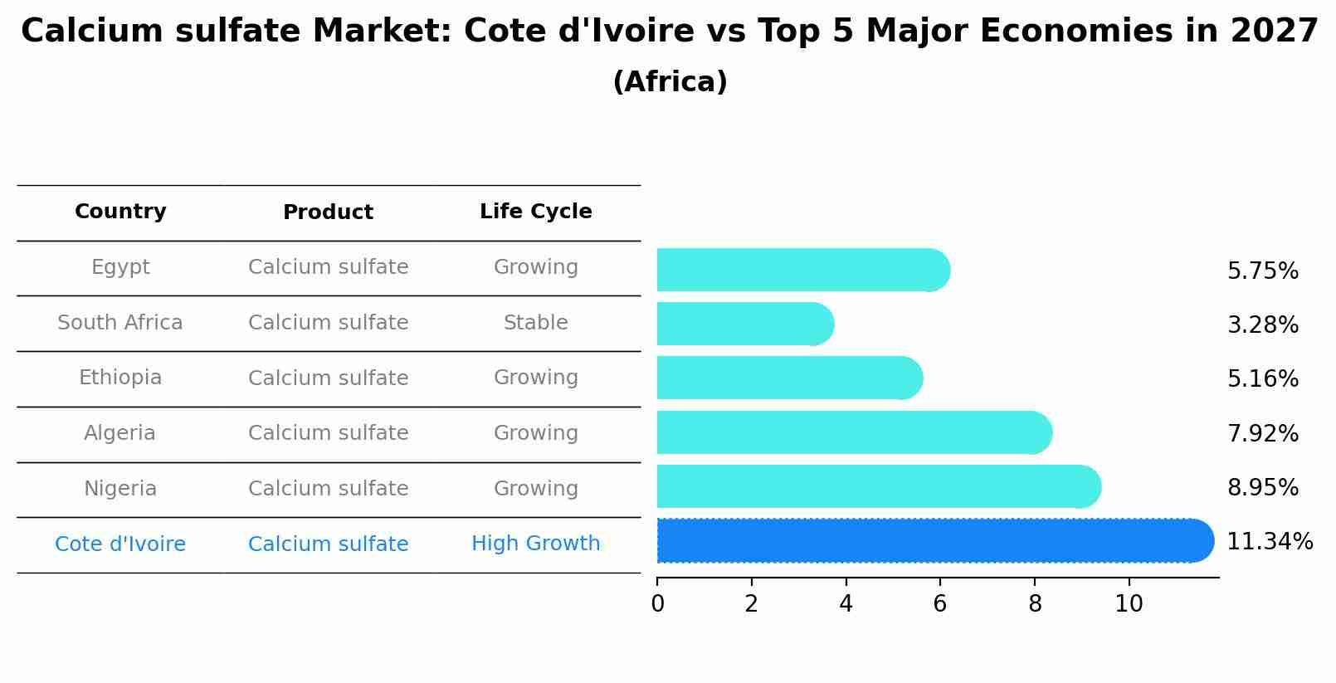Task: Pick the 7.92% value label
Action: click(x=1262, y=433)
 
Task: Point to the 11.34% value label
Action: click(x=1269, y=542)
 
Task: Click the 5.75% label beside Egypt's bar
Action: click(x=1262, y=271)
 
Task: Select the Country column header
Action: click(x=120, y=212)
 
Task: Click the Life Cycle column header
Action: click(x=535, y=212)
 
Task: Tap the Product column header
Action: click(x=328, y=212)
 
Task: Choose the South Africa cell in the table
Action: click(x=120, y=323)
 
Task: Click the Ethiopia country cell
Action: click(x=120, y=378)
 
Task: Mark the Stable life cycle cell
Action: click(x=535, y=323)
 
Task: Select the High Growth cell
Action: click(x=535, y=544)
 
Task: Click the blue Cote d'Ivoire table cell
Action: click(x=120, y=544)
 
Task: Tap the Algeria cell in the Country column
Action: click(x=119, y=433)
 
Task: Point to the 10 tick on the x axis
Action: click(x=1129, y=604)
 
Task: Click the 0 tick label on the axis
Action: click(x=657, y=604)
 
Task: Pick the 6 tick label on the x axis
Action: click(x=940, y=604)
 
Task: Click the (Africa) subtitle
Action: click(x=670, y=82)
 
